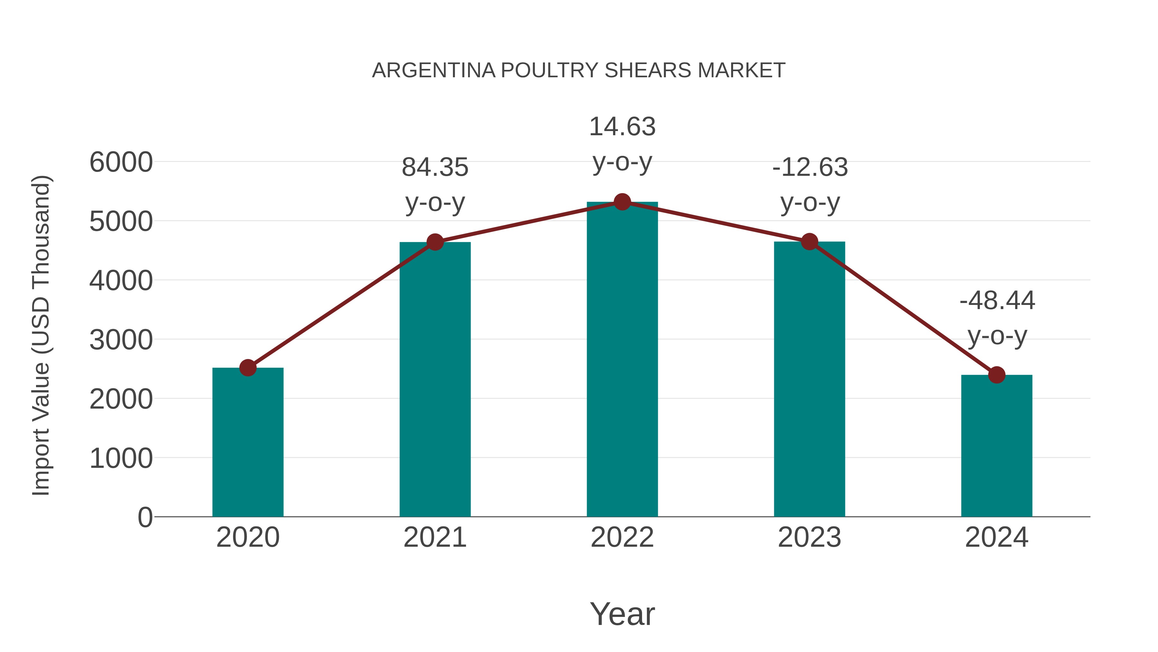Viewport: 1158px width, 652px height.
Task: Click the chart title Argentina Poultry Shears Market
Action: click(579, 71)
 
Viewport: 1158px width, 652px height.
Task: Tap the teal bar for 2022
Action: click(622, 360)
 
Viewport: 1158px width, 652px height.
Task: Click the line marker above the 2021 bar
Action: click(435, 242)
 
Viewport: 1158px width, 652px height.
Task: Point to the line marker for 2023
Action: click(810, 241)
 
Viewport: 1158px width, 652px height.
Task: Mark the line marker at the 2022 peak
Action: click(622, 202)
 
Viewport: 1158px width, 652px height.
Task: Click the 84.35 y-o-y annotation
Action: click(435, 184)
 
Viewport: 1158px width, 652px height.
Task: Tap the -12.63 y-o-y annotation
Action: click(810, 184)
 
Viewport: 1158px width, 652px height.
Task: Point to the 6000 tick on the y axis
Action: click(121, 162)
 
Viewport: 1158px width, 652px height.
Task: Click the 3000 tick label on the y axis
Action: click(121, 340)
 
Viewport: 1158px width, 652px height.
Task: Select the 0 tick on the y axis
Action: click(145, 517)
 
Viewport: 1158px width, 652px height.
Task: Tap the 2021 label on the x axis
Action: click(435, 537)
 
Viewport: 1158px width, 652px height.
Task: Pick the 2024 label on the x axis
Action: click(997, 537)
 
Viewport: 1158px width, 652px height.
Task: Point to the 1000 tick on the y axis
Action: click(121, 458)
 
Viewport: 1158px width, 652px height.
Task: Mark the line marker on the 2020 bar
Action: click(248, 368)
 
